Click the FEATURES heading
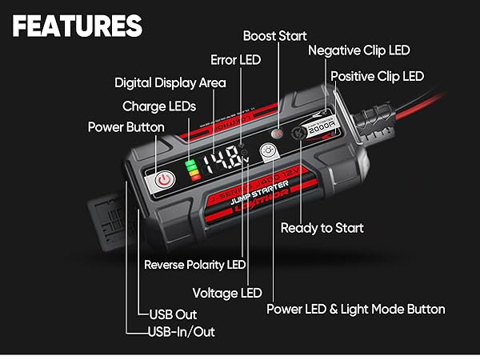pyautogui.click(x=78, y=26)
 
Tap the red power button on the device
pyautogui.click(x=163, y=179)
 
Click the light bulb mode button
pyautogui.click(x=270, y=153)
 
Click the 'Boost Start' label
pyautogui.click(x=274, y=35)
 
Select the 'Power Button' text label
pyautogui.click(x=126, y=126)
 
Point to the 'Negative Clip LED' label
pyautogui.click(x=359, y=50)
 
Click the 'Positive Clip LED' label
pyautogui.click(x=378, y=76)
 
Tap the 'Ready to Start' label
pyautogui.click(x=322, y=228)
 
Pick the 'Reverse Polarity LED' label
pyautogui.click(x=195, y=264)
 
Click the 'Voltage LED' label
pyautogui.click(x=227, y=292)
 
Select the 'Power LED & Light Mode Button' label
pyautogui.click(x=355, y=309)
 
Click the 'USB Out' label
pyautogui.click(x=173, y=314)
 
